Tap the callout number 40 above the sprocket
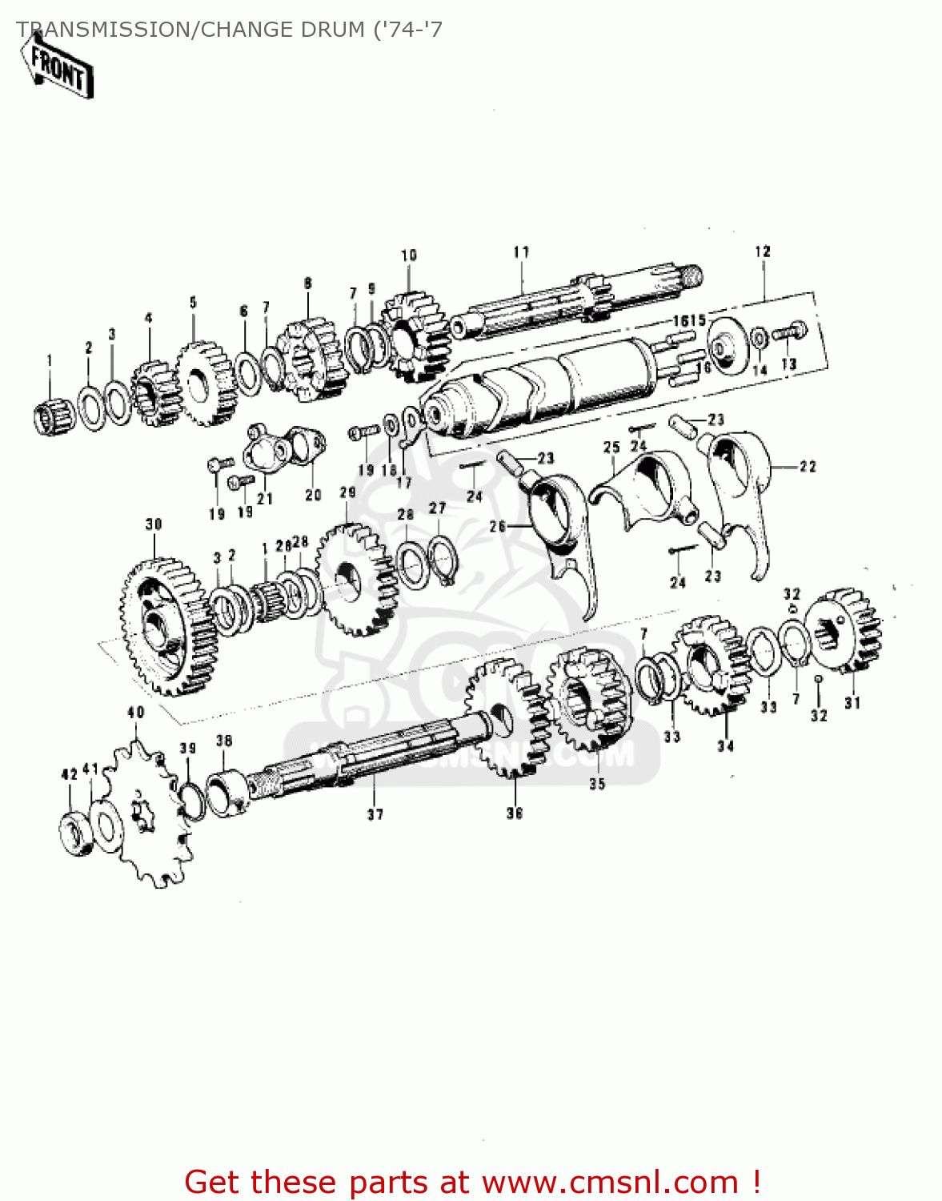coord(136,712)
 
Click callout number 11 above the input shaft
coord(521,252)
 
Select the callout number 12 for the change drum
coord(762,251)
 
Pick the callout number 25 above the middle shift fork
coord(611,448)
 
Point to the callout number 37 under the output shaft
coord(375,814)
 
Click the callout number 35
coord(597,784)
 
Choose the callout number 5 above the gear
coord(193,303)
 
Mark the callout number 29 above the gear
coord(347,492)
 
